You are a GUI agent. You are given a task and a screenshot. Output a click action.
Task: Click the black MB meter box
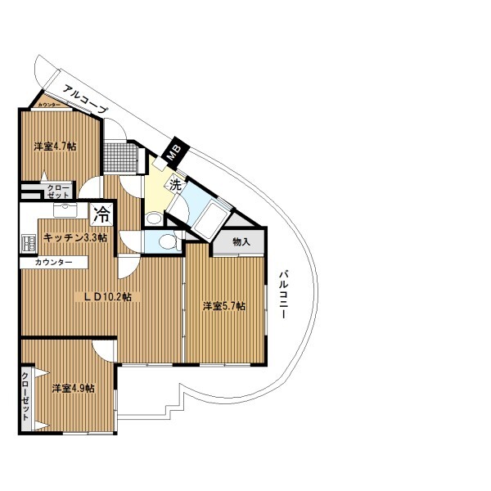175,152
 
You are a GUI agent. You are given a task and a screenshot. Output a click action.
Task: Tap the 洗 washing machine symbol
176,186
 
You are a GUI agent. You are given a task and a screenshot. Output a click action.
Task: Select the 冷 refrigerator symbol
101,214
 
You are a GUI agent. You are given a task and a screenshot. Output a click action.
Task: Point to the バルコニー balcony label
283,295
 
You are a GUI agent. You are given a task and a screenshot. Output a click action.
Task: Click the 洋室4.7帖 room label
55,146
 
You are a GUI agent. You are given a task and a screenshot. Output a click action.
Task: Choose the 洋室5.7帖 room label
224,306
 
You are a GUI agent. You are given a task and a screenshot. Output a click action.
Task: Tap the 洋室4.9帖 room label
74,388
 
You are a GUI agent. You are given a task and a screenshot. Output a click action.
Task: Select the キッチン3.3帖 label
75,237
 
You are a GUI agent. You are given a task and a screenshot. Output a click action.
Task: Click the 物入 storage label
241,241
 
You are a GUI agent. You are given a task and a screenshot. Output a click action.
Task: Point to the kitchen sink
65,209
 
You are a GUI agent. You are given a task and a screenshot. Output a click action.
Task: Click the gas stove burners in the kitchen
28,244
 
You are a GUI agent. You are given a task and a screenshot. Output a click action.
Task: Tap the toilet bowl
168,241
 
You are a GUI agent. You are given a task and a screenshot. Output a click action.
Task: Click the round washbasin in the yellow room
154,218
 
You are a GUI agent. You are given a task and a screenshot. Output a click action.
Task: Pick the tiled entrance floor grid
121,157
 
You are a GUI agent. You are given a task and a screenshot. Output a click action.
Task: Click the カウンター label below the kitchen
53,262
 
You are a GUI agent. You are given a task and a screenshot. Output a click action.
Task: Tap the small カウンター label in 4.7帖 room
49,105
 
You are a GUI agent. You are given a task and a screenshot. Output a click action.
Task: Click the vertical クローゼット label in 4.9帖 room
25,396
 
